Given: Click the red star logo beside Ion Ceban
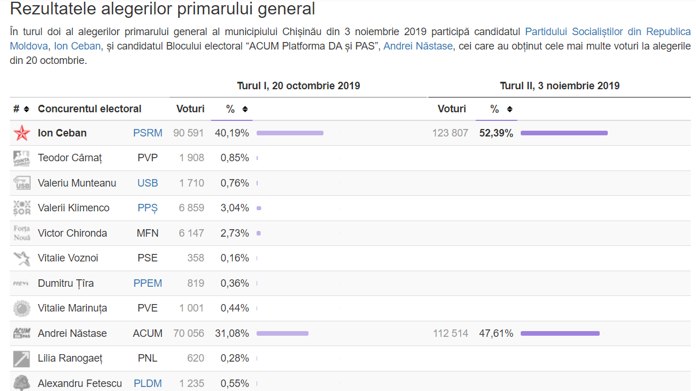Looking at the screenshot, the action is [22, 133].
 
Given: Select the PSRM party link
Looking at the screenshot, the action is [148, 133].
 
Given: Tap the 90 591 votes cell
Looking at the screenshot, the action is [189, 133].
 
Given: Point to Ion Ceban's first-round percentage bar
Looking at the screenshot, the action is [290, 133].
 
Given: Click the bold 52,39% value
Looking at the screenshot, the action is [496, 133].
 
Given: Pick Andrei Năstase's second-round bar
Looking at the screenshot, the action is [560, 333].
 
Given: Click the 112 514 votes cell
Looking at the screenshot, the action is [450, 333].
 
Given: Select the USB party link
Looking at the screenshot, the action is [148, 183].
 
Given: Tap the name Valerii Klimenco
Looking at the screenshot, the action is [74, 208].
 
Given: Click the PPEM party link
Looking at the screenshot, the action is [148, 283].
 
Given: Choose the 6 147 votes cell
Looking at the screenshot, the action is [191, 233].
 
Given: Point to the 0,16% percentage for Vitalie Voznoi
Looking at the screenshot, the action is [235, 258].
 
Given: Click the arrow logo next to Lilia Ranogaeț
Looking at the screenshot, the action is [22, 359].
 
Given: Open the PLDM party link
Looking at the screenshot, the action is [148, 384].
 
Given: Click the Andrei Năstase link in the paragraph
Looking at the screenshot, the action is [418, 46].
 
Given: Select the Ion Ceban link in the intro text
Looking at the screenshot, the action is [77, 46].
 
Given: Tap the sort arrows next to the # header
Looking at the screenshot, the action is [27, 109].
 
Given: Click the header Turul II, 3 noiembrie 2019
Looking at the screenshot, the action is [559, 86].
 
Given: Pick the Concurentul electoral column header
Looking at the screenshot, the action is [89, 109].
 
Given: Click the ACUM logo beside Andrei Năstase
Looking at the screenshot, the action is [22, 333].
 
